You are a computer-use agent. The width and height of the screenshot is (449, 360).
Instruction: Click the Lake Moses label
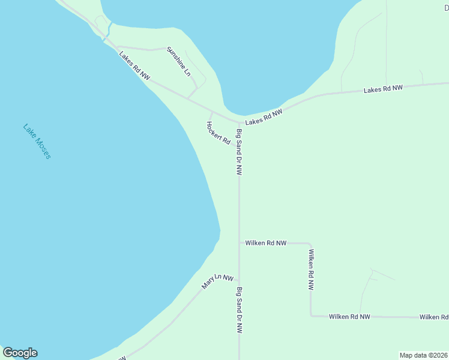tap(37, 141)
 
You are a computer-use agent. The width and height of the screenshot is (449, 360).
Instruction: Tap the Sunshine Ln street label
tap(179, 61)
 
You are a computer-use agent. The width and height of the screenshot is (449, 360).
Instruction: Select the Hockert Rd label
tap(218, 133)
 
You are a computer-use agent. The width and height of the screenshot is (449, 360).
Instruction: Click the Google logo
tap(20, 353)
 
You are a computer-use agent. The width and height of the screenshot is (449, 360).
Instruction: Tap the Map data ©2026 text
tap(423, 355)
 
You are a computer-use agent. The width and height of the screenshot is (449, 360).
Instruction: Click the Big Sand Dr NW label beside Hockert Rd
tap(239, 152)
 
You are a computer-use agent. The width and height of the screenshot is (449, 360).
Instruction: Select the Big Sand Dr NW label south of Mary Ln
tap(239, 310)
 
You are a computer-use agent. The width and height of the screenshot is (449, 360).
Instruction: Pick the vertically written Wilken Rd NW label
tap(311, 269)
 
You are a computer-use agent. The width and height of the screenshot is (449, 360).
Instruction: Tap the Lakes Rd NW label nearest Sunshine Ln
tap(134, 66)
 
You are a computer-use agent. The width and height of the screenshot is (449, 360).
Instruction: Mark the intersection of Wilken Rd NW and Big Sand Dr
tap(240, 243)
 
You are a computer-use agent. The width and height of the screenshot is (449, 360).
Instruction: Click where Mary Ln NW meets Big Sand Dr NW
tap(240, 280)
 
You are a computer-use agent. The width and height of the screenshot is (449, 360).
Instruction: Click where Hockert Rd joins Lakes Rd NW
tap(210, 112)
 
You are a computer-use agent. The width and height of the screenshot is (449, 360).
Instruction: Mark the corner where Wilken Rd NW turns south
tap(310, 244)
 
